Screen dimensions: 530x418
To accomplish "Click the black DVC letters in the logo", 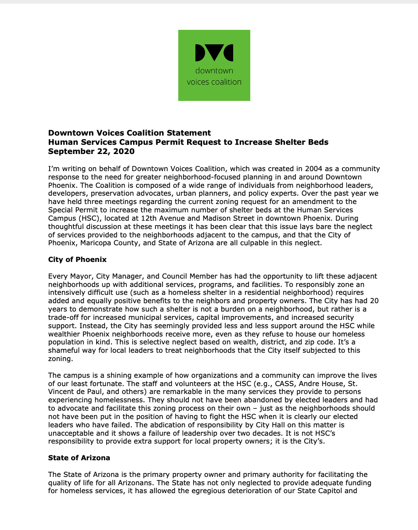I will tap(214, 53).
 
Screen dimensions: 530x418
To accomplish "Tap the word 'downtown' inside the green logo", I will tap(214, 71).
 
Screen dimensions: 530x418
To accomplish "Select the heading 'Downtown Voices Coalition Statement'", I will tap(130, 133).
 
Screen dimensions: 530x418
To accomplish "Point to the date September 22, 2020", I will tap(91, 151).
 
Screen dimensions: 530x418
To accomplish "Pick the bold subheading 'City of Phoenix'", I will tap(77, 259).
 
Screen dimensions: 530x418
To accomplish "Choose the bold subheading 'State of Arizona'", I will tap(79, 458).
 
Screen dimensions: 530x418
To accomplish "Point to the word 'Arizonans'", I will tap(158, 483).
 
